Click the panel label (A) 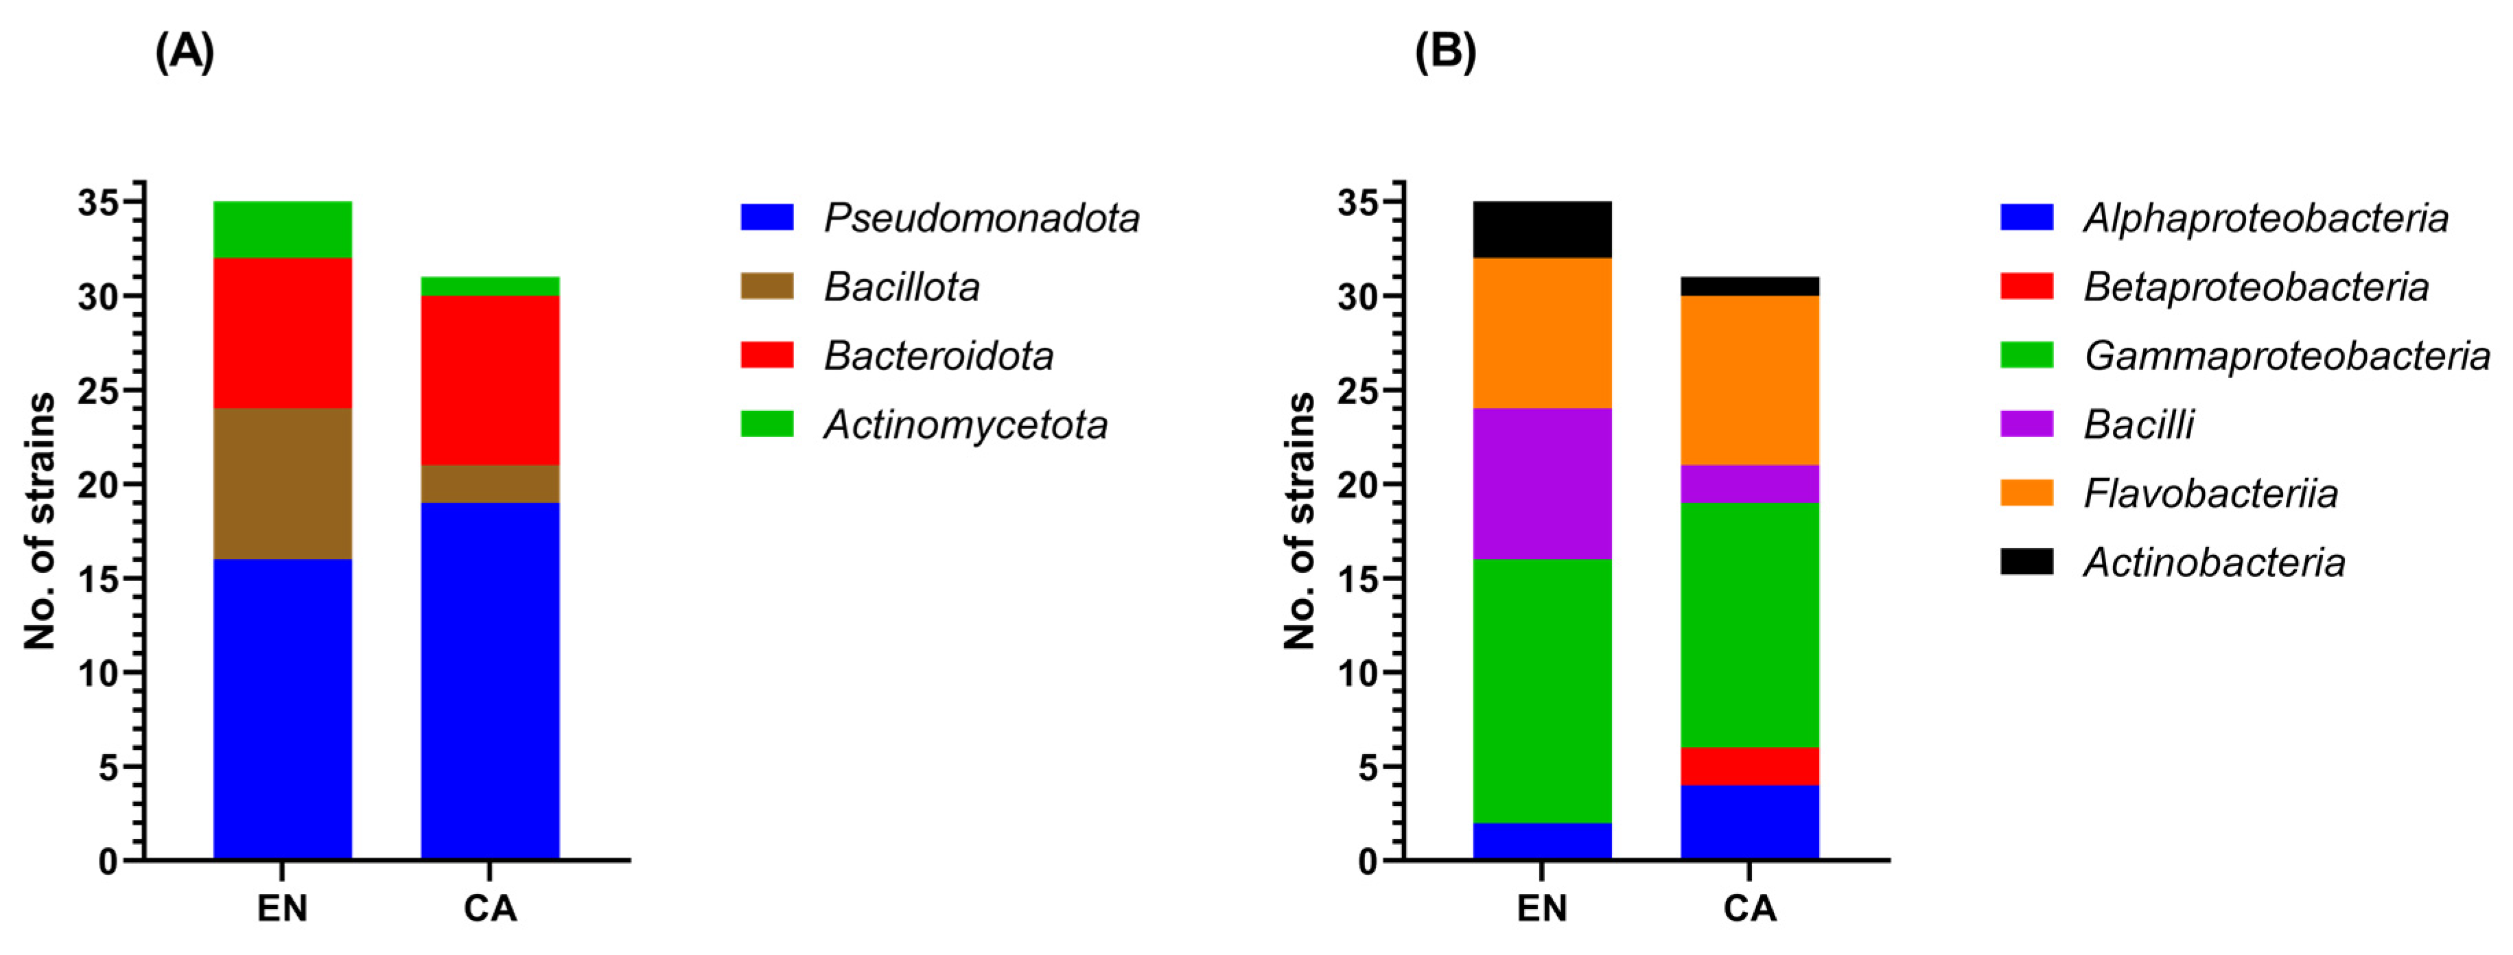(185, 51)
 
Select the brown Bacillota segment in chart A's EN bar (282, 483)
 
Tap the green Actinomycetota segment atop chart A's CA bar (490, 286)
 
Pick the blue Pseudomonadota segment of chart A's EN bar (282, 709)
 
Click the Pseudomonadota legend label (981, 217)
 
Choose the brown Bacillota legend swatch (767, 286)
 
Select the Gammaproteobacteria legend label (2287, 356)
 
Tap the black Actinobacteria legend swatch (2026, 562)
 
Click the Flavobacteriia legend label (2210, 493)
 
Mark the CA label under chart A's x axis (490, 908)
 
